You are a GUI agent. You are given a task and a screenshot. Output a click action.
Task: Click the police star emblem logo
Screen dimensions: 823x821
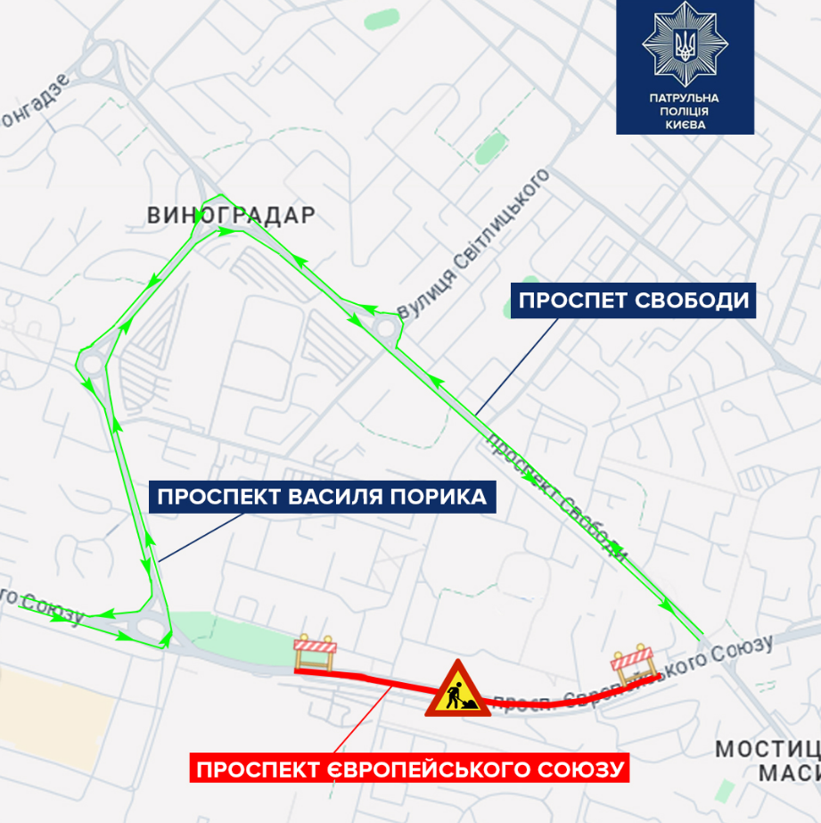coord(685,45)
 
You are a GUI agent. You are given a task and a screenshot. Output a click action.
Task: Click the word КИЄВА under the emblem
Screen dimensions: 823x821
coord(685,125)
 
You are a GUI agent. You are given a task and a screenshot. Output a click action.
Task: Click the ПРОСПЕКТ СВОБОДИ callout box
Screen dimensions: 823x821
coord(633,300)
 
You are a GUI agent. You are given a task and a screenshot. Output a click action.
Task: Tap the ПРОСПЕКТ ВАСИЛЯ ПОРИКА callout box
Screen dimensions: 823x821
coord(322,496)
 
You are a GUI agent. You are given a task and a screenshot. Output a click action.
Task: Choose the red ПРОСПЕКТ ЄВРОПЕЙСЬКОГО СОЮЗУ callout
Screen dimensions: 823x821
coord(407,768)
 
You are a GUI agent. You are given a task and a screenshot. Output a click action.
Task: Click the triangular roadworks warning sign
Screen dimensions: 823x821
coord(457,689)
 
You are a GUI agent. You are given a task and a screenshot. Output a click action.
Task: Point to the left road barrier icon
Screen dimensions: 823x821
coord(316,652)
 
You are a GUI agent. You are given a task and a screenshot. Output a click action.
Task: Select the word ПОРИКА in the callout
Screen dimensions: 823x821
coord(440,496)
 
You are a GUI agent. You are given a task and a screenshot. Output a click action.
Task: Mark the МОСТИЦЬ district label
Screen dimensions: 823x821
coord(768,748)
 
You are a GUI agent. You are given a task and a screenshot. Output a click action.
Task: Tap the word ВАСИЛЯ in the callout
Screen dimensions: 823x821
coord(339,496)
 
